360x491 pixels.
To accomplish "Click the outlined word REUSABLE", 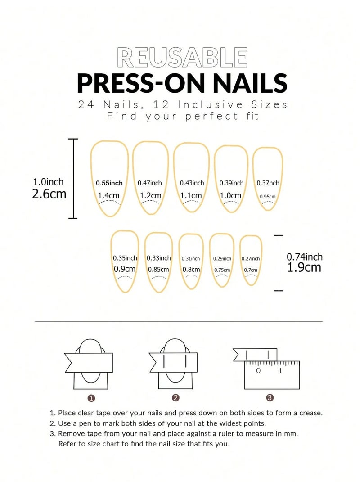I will (x=182, y=57).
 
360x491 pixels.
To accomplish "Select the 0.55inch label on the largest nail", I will (x=109, y=183).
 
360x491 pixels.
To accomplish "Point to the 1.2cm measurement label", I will (x=150, y=196).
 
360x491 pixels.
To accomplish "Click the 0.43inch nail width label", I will (x=192, y=183).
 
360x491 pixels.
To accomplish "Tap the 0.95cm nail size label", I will (x=268, y=197).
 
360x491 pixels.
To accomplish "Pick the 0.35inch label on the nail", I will (x=125, y=258).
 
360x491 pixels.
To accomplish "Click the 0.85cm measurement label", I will (x=158, y=270).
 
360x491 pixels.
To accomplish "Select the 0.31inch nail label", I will (x=191, y=259).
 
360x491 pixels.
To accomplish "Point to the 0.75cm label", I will (x=222, y=270).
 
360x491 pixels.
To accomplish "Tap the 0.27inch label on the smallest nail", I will (x=251, y=259).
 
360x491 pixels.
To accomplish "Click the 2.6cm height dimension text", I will (x=49, y=194).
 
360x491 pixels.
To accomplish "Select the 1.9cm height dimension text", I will (x=304, y=267).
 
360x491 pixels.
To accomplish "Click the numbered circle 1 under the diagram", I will (x=91, y=398).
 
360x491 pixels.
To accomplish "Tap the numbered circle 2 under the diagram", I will (x=175, y=398).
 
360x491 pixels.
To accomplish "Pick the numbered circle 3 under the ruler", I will (x=270, y=398).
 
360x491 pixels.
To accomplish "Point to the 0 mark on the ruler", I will (x=258, y=371).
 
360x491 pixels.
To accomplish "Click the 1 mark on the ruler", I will (x=280, y=371).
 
